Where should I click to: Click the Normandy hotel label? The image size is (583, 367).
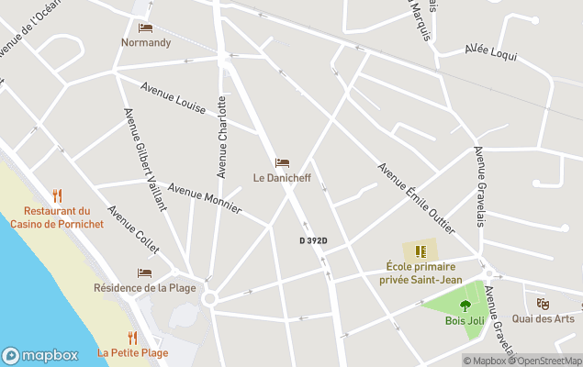tap(146, 42)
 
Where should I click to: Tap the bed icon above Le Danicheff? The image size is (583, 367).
tap(282, 163)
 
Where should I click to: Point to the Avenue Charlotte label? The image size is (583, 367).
tap(221, 137)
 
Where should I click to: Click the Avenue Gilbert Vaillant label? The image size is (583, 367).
tap(145, 158)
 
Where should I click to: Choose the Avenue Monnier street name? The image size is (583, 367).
tap(204, 200)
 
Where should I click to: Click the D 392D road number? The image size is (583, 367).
tap(313, 240)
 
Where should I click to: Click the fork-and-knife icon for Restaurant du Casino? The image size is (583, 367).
tap(57, 195)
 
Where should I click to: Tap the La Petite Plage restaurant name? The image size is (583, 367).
tap(133, 352)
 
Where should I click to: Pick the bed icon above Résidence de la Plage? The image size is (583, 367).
tap(144, 272)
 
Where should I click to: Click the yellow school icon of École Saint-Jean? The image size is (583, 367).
tap(421, 251)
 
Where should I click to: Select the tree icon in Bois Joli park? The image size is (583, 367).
tap(465, 306)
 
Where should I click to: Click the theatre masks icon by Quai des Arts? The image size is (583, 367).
tap(543, 303)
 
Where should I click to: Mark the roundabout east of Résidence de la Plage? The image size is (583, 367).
tap(210, 298)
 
